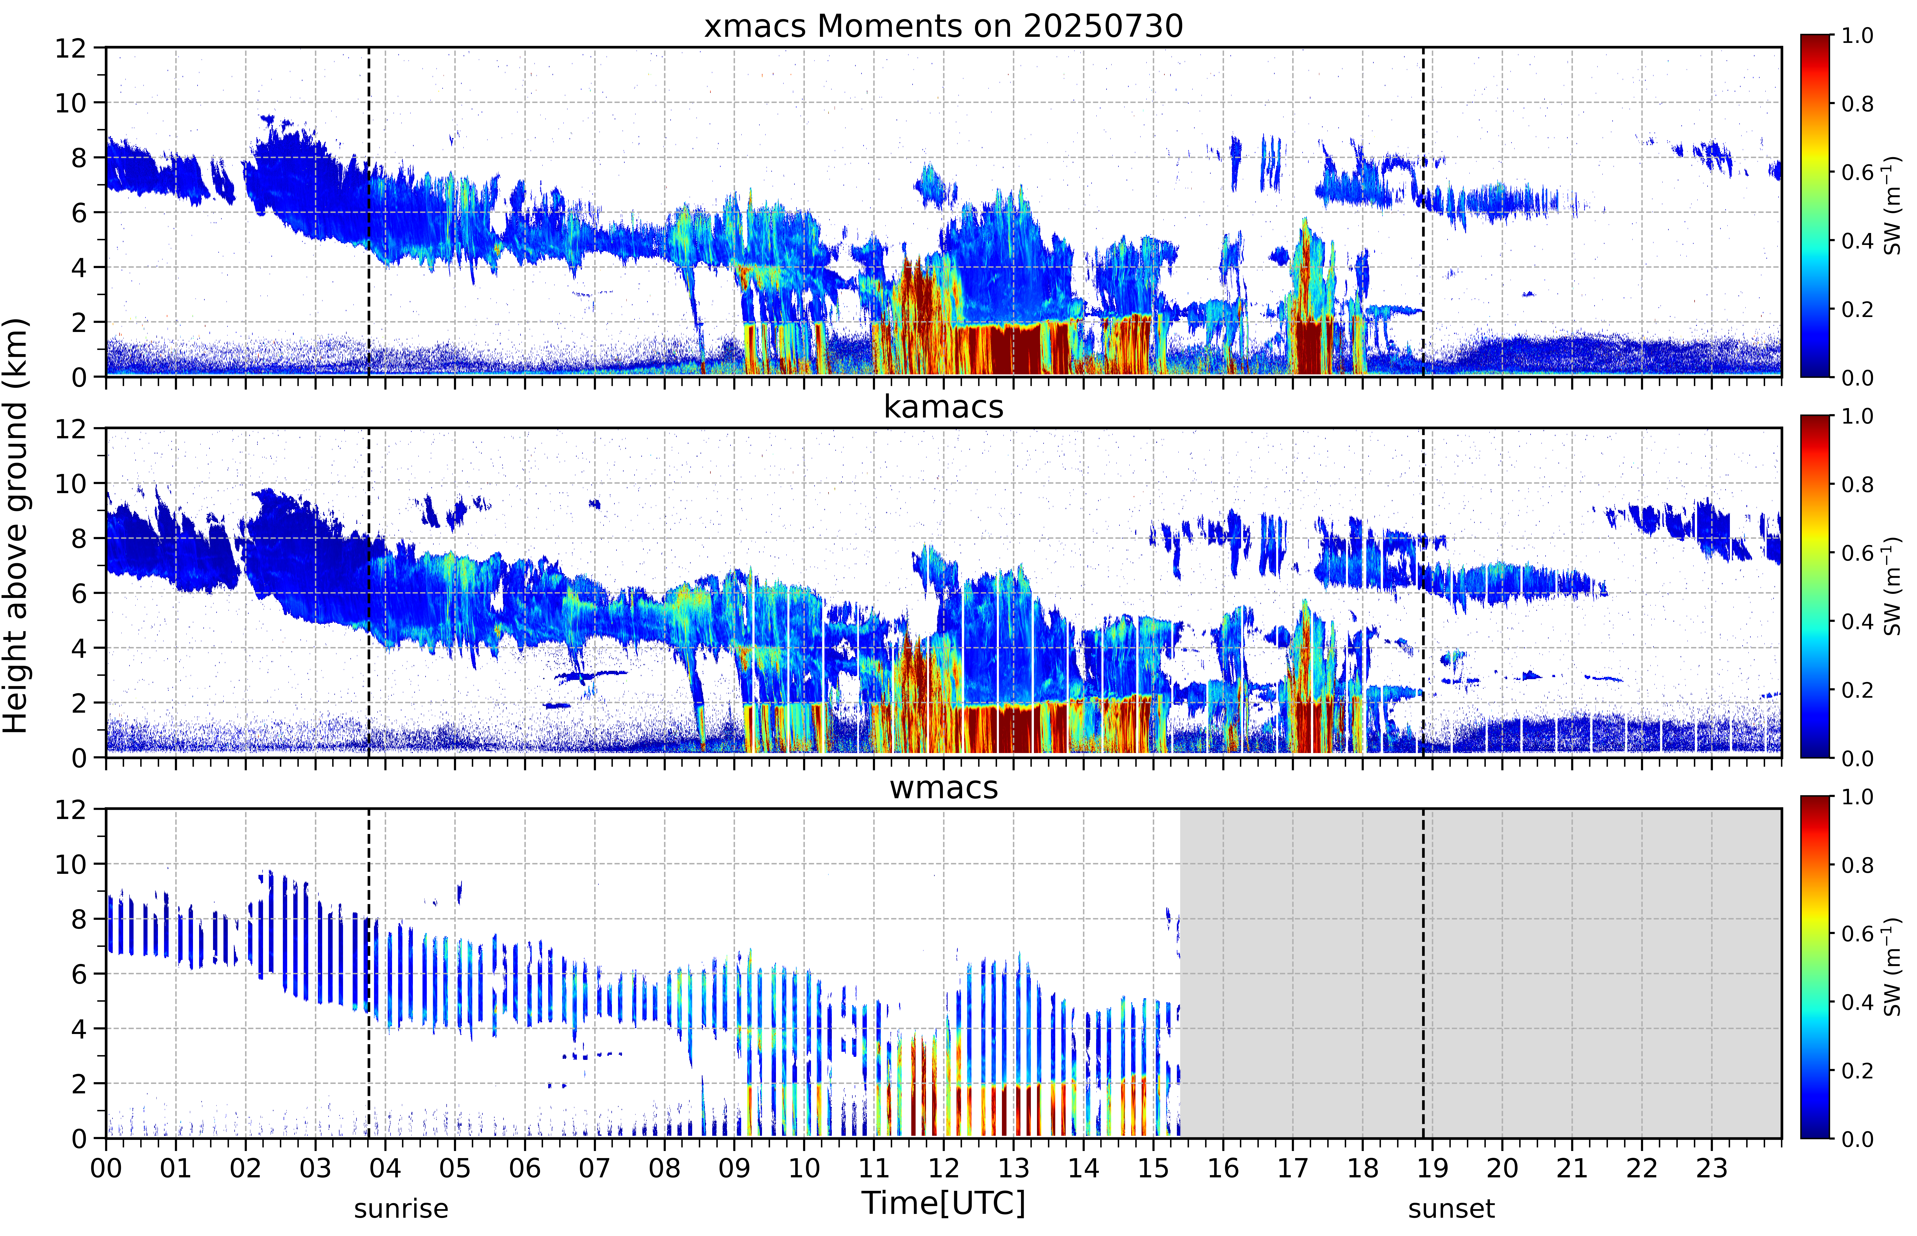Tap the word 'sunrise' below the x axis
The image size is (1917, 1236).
(401, 1208)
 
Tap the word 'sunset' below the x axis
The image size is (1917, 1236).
(1451, 1208)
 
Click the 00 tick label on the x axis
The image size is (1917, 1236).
(106, 1168)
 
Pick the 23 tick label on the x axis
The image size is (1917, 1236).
(1712, 1168)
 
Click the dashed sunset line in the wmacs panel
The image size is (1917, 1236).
(1423, 974)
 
